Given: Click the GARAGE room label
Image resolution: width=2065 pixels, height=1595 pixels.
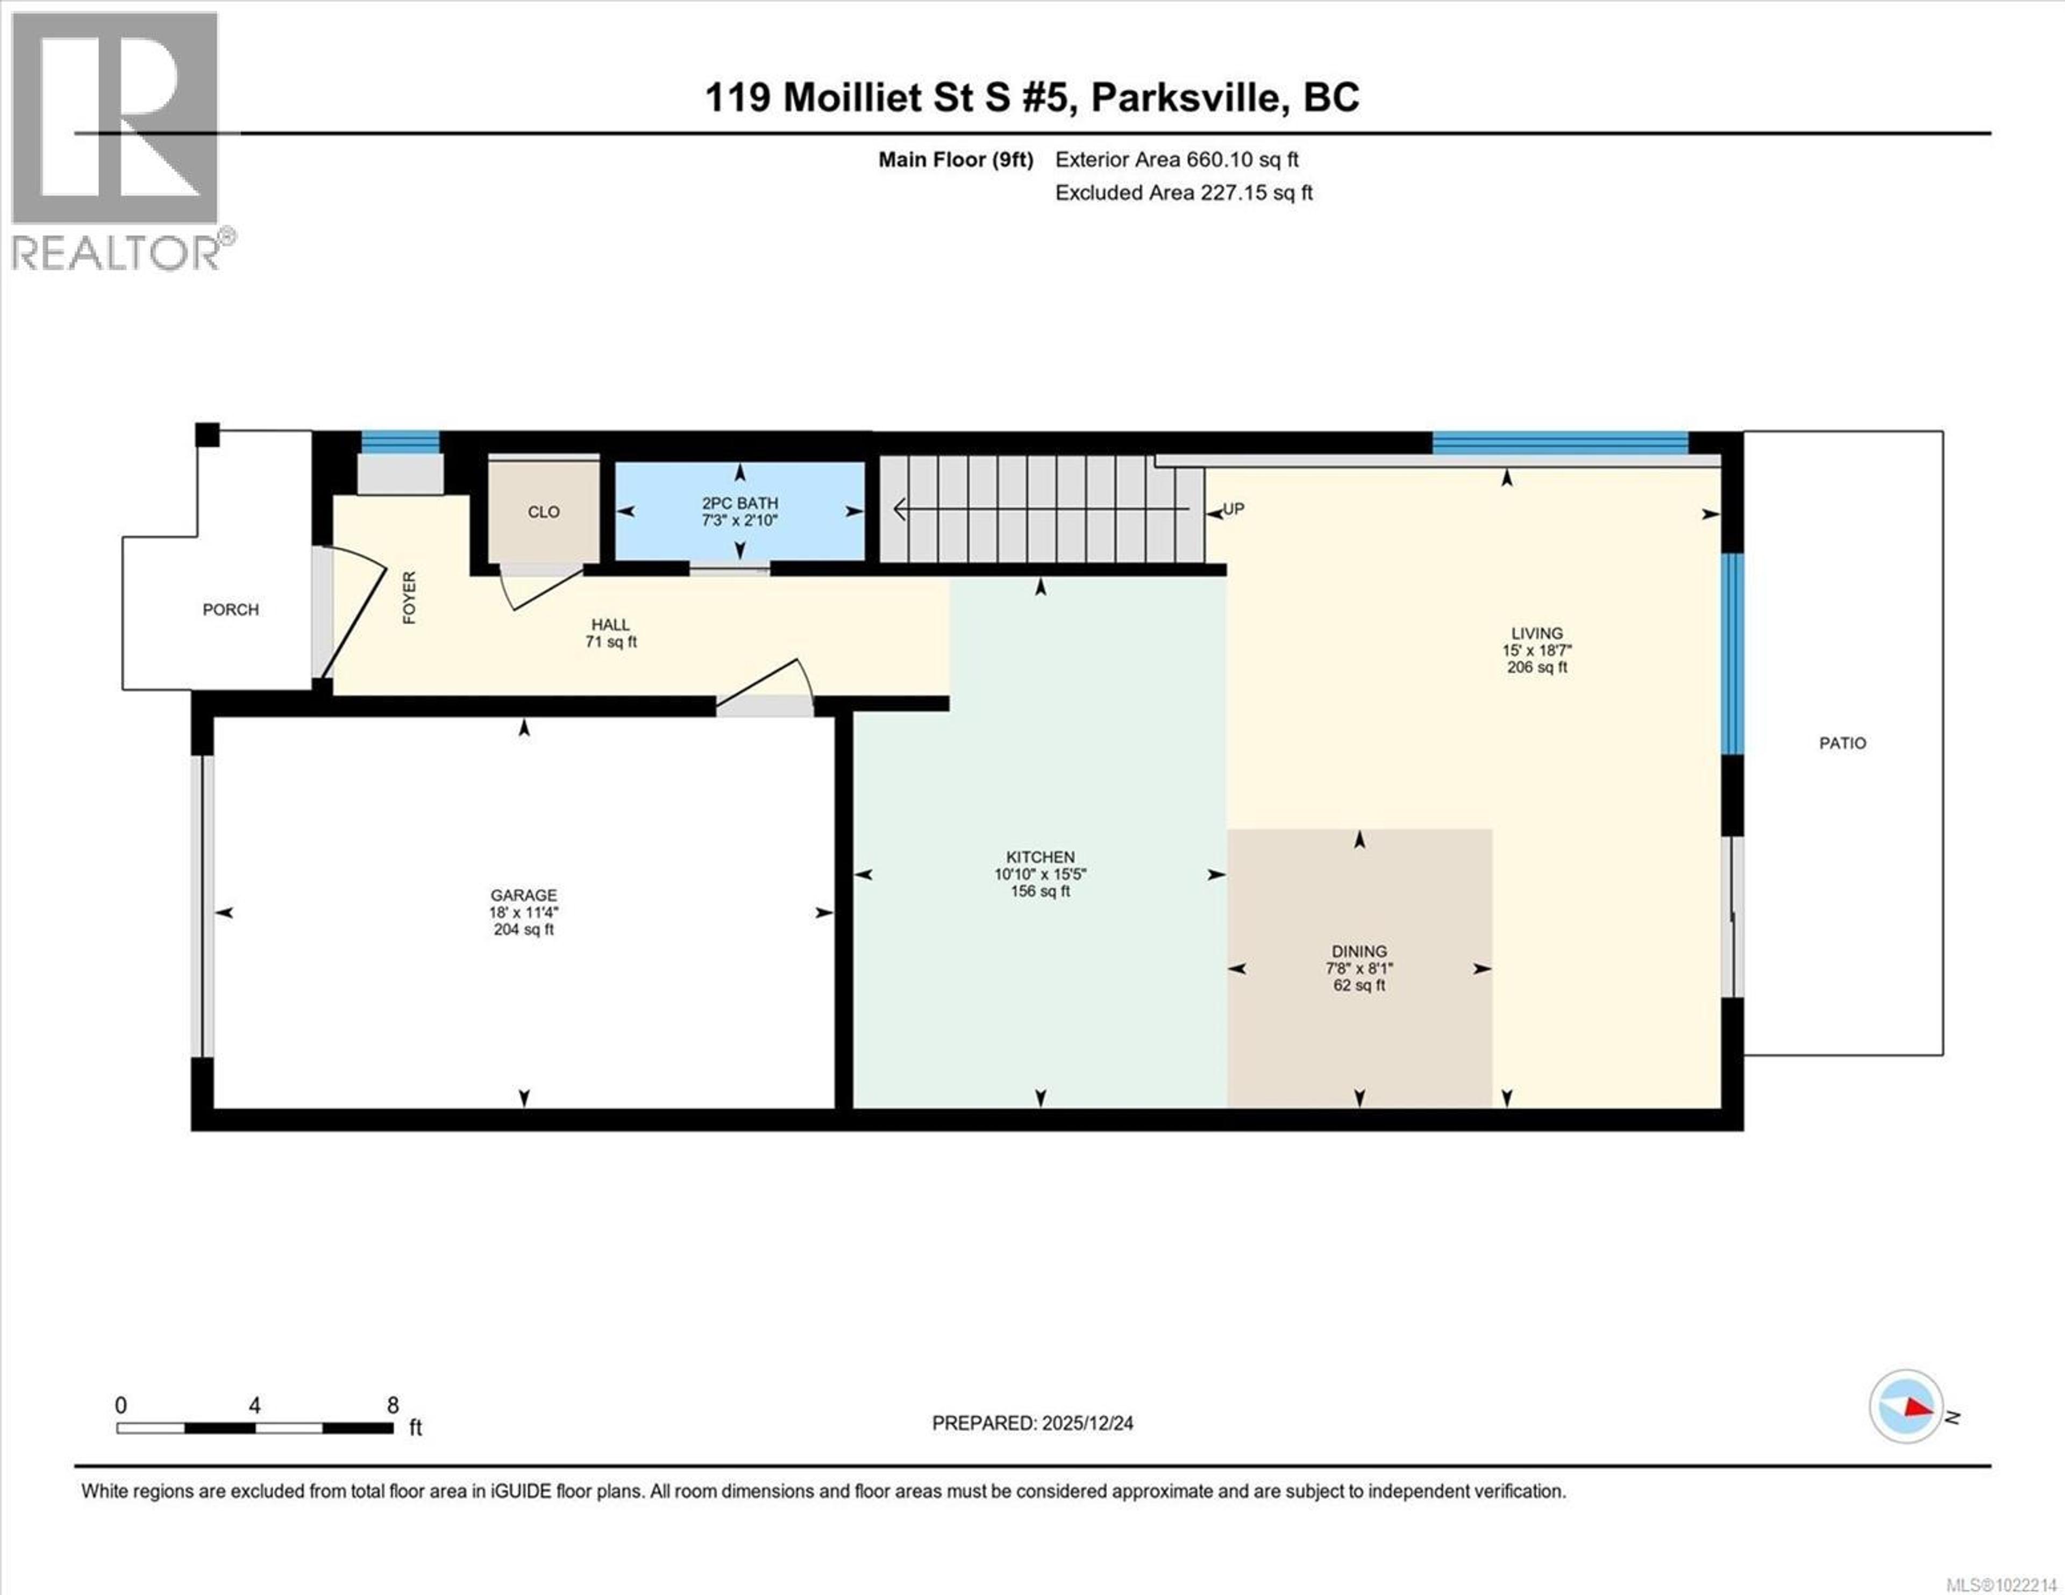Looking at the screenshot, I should (x=523, y=895).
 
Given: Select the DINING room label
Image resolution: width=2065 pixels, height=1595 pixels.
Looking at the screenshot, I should (x=1359, y=951).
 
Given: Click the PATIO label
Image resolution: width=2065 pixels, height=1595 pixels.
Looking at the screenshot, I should (x=1842, y=743).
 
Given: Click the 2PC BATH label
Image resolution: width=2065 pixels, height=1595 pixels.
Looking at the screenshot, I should (x=739, y=503).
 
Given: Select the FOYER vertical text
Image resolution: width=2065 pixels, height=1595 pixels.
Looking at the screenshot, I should (x=409, y=598).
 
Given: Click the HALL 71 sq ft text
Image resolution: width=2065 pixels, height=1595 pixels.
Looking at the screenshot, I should (x=611, y=642).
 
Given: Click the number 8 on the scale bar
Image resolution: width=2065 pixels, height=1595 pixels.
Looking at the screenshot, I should (x=393, y=1405).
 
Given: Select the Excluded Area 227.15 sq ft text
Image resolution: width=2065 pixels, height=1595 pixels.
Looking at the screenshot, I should (x=1183, y=193).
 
